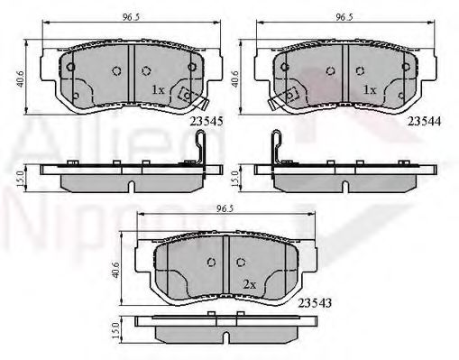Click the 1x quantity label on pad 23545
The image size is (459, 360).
point(157,89)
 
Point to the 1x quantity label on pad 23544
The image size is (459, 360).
point(368,90)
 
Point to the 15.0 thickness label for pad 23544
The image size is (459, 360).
point(237,178)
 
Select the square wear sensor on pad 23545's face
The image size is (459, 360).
point(188,95)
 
